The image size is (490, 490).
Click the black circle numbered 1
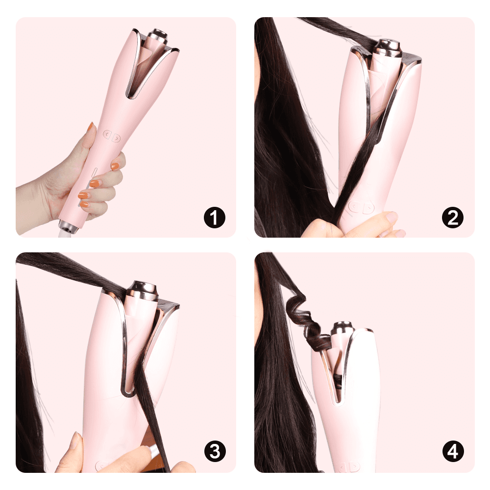215,217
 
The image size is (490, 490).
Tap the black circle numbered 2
453,217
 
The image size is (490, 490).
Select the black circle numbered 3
215,451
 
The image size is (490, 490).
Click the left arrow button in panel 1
107,134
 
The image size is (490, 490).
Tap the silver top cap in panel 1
157,36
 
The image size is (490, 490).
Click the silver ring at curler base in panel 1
68,226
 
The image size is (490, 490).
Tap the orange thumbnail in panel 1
91,126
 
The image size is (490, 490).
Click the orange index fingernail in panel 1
115,166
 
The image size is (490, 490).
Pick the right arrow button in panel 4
354,467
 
